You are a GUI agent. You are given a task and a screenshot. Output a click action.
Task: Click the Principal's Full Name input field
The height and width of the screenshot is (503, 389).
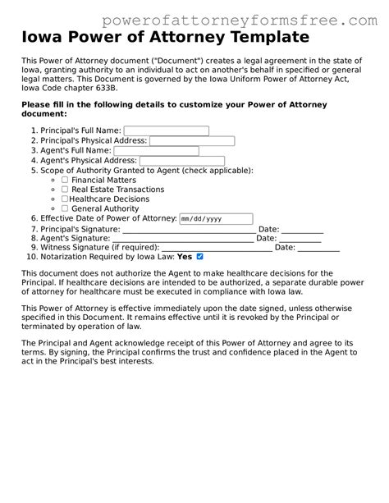pos(166,130)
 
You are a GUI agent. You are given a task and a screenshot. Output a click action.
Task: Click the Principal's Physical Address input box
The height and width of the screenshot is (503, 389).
pos(191,141)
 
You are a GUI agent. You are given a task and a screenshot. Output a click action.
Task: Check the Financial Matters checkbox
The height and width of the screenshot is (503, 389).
pos(65,179)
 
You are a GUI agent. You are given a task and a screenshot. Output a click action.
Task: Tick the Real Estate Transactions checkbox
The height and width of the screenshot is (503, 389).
pos(65,189)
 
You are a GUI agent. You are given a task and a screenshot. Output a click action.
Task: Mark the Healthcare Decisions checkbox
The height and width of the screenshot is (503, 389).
pos(65,199)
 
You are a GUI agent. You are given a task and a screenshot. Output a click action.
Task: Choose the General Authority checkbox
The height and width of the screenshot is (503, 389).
pos(65,208)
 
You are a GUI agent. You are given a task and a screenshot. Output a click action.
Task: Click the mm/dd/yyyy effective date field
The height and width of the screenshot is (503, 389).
pos(216,219)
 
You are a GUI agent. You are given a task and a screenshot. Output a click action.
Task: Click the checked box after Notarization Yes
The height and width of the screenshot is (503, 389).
pos(199,256)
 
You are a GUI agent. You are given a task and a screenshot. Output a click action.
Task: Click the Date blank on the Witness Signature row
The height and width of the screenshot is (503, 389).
pos(318,248)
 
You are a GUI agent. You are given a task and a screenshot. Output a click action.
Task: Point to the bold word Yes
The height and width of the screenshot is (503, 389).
pos(185,257)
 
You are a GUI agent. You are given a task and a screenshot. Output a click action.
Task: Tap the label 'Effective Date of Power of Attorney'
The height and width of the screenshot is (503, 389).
pos(108,219)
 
